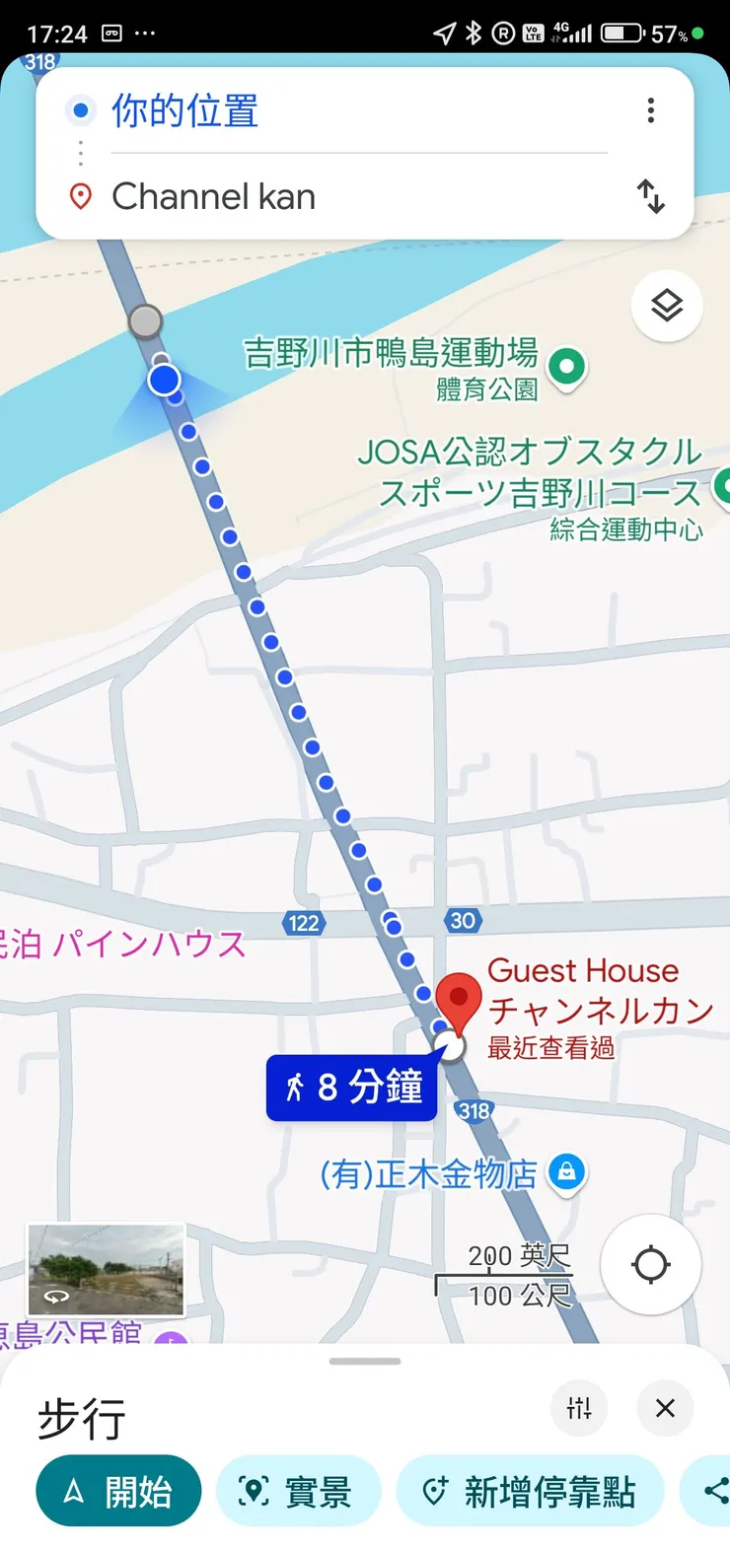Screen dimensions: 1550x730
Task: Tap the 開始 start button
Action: coord(118,1491)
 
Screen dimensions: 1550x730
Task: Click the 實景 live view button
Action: coord(298,1491)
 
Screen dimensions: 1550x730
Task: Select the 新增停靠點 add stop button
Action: coord(530,1491)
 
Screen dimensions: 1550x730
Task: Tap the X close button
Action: coord(665,1408)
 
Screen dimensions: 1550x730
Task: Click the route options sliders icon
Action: coord(579,1408)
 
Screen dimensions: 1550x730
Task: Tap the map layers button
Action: coord(667,306)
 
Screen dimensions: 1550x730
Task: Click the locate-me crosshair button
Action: coord(651,1264)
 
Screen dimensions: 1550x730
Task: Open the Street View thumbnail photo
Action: coord(106,1270)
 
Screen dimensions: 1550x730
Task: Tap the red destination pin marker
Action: coord(458,999)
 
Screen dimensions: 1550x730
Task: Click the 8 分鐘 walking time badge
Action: coord(352,1088)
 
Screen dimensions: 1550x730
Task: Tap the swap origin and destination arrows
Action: coord(651,196)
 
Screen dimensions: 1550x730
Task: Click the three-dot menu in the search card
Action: coord(651,110)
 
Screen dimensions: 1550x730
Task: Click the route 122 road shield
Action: coord(304,923)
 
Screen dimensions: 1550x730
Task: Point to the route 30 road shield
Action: coord(463,921)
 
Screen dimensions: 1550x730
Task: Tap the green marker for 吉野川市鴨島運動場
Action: coord(566,368)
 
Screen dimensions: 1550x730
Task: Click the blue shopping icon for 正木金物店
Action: coord(566,1171)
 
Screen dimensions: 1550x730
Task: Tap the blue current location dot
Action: coord(165,380)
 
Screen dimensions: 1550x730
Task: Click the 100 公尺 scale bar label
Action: coord(520,1294)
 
